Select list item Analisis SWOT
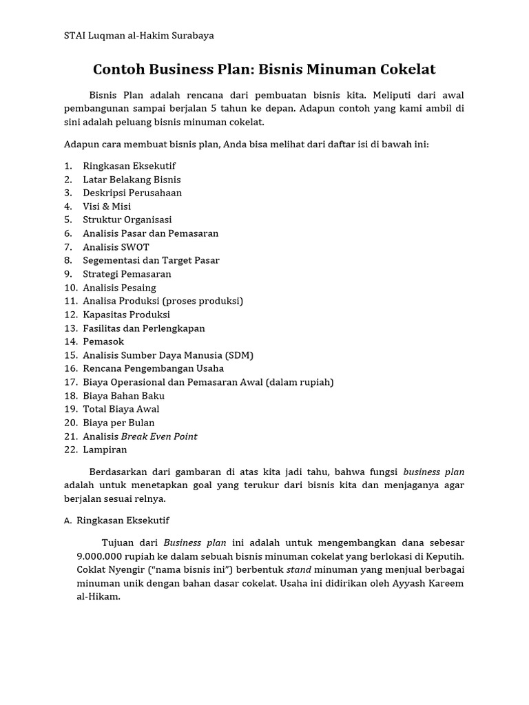(x=116, y=246)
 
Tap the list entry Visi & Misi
(x=107, y=206)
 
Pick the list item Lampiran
(x=105, y=450)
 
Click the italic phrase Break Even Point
(x=159, y=436)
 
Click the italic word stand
(x=298, y=569)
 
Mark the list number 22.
(x=70, y=450)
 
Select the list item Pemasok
(x=103, y=341)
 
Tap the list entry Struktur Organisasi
(x=127, y=220)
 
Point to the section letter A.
(x=68, y=520)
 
